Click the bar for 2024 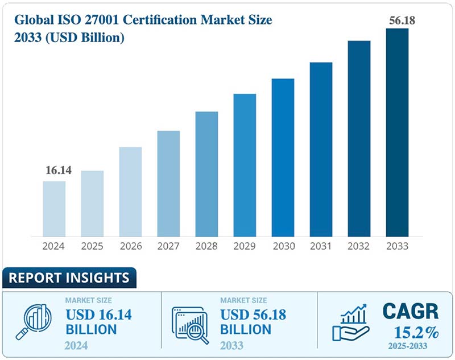point(55,208)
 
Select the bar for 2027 point(168,183)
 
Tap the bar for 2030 point(283,157)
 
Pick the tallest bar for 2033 point(397,132)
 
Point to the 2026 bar point(130,191)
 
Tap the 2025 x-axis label point(92,246)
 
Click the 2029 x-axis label point(245,246)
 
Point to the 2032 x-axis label point(359,246)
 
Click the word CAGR point(410,312)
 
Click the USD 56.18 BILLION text point(253,321)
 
